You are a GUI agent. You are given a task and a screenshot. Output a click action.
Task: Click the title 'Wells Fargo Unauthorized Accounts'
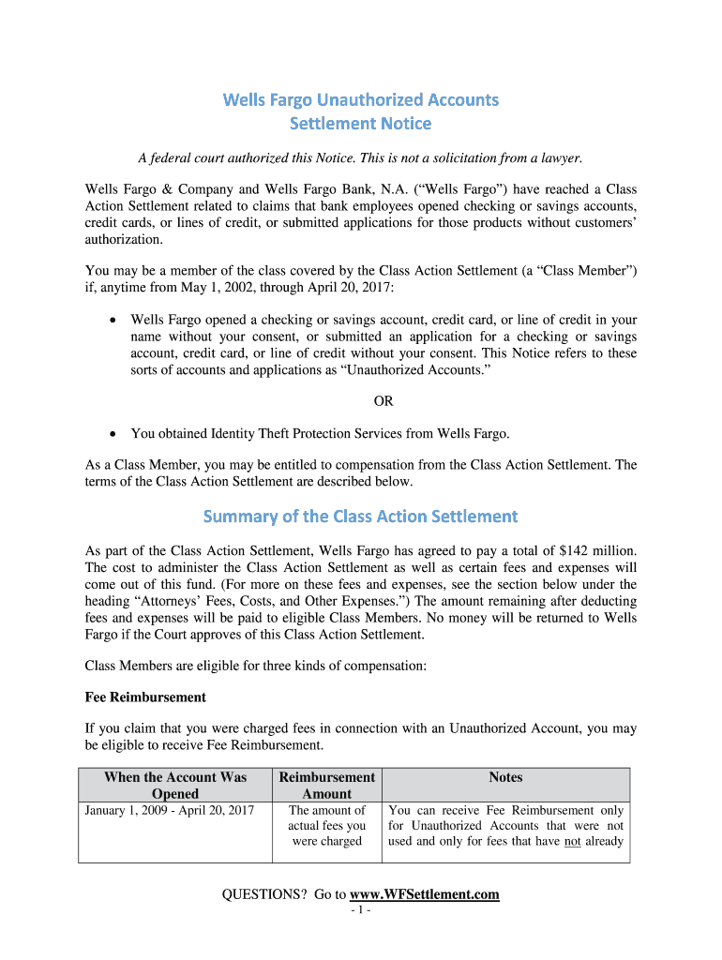(x=360, y=99)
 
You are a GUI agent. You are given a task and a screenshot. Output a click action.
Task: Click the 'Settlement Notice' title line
(x=360, y=124)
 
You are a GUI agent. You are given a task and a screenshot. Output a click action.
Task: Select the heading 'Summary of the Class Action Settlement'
(x=360, y=517)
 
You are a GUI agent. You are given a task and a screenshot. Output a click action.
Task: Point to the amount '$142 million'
(x=598, y=550)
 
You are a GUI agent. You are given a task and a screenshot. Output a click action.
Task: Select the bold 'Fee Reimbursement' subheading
(x=145, y=697)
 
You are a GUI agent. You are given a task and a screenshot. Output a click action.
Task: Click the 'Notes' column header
(x=505, y=777)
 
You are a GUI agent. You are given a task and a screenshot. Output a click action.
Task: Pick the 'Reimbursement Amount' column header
(x=326, y=785)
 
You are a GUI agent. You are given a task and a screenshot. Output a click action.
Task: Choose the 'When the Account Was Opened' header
(x=175, y=785)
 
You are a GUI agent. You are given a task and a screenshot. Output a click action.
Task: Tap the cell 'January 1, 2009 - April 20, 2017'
(x=170, y=810)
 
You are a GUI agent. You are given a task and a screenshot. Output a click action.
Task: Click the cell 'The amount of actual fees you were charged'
(x=326, y=826)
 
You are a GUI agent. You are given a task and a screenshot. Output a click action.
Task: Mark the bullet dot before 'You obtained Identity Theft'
(x=113, y=434)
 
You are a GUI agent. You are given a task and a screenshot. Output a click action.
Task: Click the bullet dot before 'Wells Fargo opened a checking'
(x=113, y=321)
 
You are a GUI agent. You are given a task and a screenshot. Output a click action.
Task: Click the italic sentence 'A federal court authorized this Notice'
(x=360, y=157)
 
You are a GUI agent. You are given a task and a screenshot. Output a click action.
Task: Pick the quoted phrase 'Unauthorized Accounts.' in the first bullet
(x=407, y=370)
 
